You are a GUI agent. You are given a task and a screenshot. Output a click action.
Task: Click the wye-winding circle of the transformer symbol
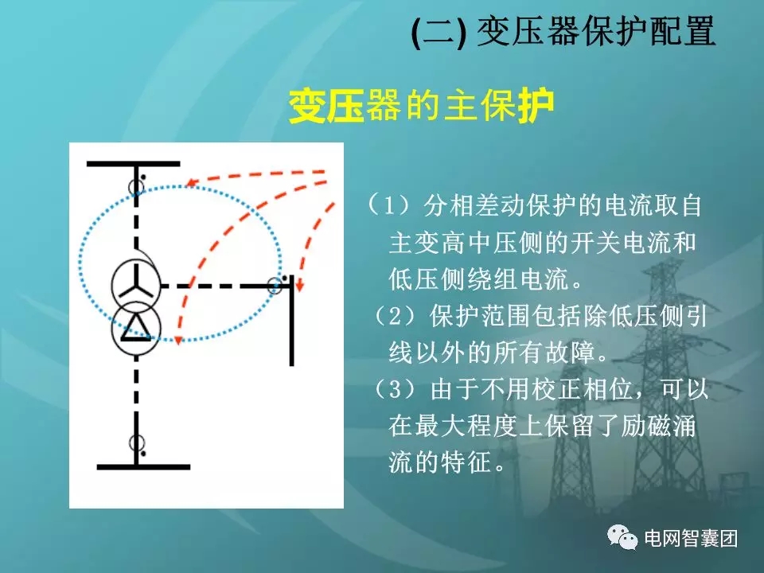coord(136,283)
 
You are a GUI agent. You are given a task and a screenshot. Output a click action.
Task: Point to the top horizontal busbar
coord(134,163)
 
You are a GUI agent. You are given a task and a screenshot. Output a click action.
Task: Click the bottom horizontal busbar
coord(143,466)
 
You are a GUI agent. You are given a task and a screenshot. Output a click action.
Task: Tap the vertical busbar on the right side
coord(292,319)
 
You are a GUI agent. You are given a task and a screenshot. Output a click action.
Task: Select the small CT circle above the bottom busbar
coord(136,443)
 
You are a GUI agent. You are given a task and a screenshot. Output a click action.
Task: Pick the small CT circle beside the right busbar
coord(275,285)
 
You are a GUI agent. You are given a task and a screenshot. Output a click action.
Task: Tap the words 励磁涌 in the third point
coord(660,427)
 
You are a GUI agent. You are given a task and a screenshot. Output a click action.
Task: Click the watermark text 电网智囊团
coord(690,539)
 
